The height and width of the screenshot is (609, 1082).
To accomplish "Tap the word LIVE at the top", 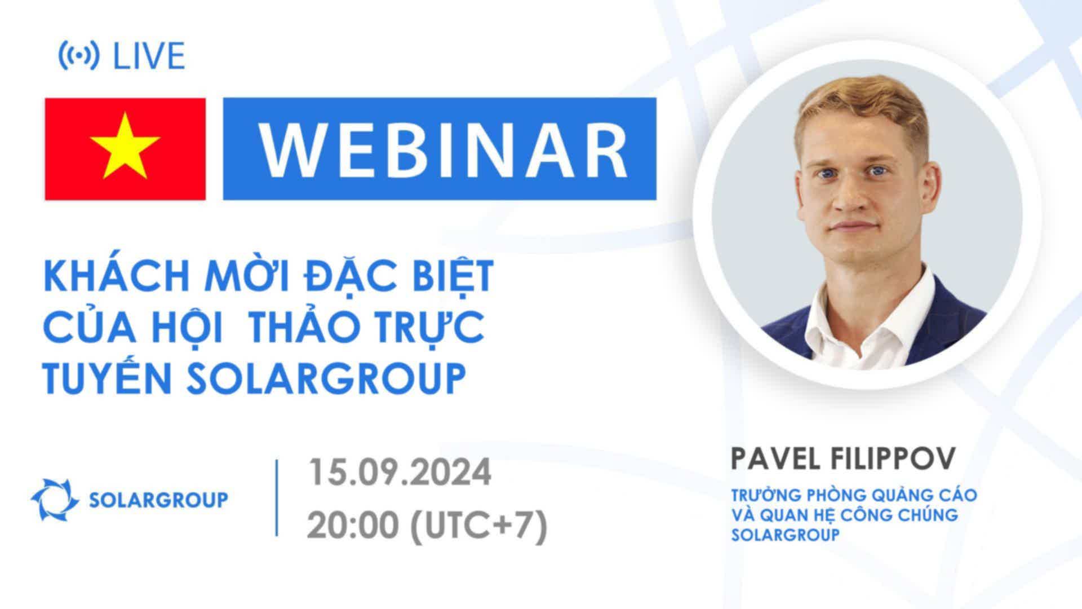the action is pyautogui.click(x=149, y=56).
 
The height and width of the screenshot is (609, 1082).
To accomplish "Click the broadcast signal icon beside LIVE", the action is pyautogui.click(x=79, y=56).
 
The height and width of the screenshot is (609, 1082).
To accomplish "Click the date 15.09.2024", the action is pyautogui.click(x=400, y=473).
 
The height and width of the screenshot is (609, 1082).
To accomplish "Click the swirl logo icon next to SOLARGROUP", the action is pyautogui.click(x=55, y=499).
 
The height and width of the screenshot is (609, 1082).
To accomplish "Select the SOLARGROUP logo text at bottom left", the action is pyautogui.click(x=159, y=500).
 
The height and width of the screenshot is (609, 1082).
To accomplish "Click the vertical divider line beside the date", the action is pyautogui.click(x=277, y=498).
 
